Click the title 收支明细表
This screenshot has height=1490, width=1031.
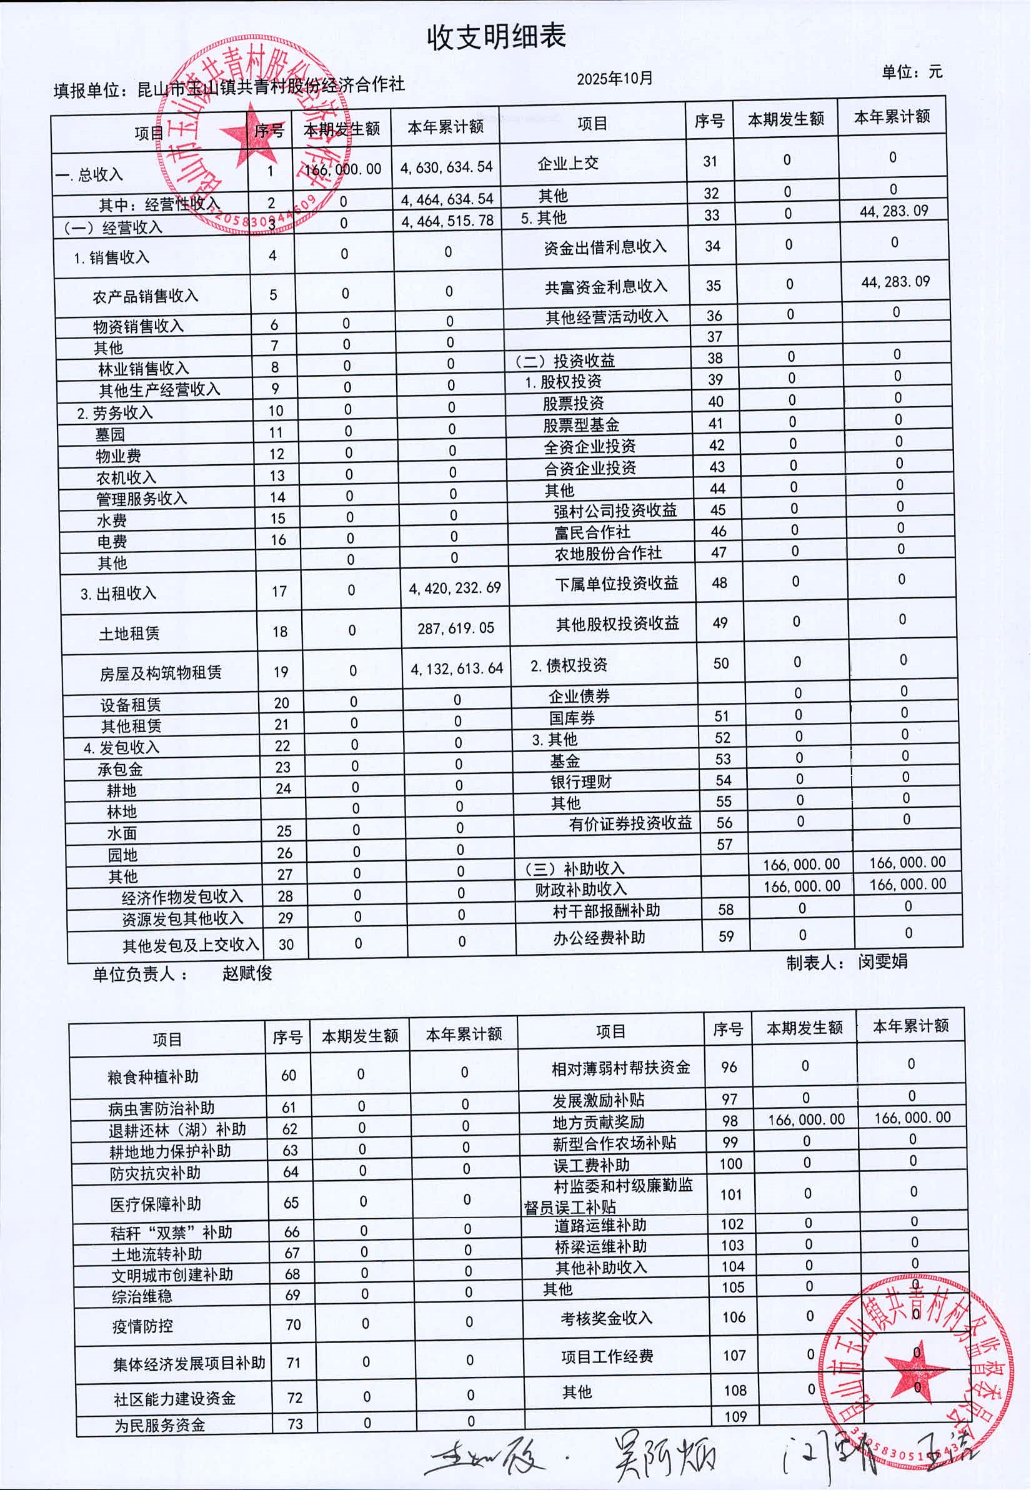point(496,37)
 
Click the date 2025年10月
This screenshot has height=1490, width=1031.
point(614,79)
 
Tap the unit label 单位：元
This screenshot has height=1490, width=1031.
point(912,72)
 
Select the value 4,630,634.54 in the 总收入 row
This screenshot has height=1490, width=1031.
point(446,167)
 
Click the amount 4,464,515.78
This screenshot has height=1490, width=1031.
point(447,221)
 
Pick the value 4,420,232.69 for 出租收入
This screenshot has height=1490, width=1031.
point(455,588)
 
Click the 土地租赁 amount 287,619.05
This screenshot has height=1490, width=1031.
point(456,628)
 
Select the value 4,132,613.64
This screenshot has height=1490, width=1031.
point(457,668)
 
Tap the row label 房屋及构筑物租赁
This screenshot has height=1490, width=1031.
point(160,673)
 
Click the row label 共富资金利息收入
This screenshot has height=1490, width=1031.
point(605,286)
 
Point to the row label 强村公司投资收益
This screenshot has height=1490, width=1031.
point(615,510)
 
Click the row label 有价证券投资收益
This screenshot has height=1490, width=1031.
point(630,823)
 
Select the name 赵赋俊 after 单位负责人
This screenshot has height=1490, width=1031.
point(247,973)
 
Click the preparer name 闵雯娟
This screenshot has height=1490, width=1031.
point(882,961)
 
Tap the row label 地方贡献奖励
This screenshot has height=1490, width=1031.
point(598,1122)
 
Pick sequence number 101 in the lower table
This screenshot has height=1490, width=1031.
point(730,1194)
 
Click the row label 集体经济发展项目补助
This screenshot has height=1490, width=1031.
point(189,1363)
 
